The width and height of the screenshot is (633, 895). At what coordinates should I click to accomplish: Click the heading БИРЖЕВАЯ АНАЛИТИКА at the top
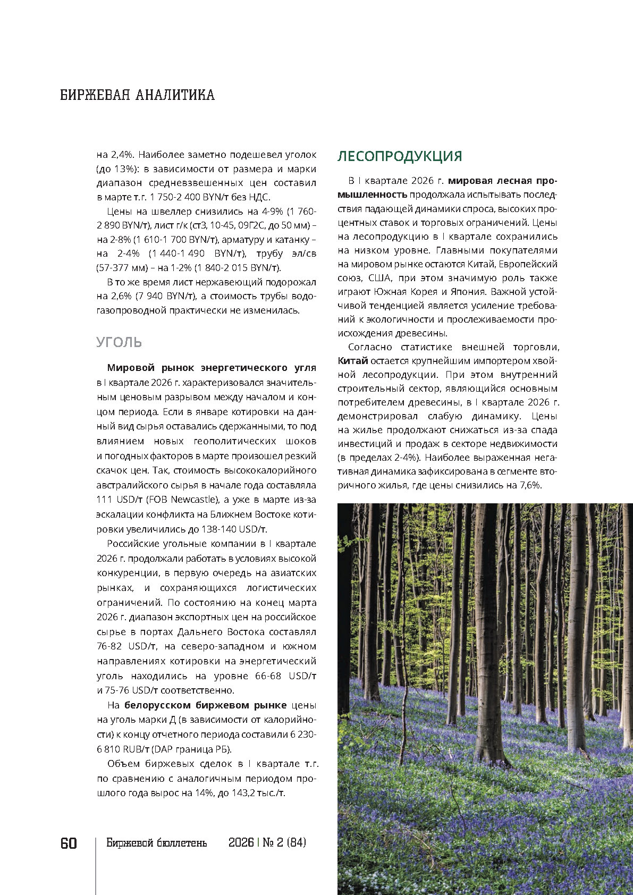(137, 95)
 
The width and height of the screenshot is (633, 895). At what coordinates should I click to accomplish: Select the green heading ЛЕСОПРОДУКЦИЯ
(400, 156)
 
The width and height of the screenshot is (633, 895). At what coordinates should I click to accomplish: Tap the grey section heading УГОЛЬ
(119, 342)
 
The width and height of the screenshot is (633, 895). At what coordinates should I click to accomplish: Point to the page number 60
(69, 843)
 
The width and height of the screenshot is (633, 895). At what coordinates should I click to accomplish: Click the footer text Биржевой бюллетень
(156, 843)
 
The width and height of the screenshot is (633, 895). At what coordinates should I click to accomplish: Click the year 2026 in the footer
(241, 843)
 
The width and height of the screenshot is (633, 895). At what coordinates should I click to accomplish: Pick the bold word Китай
(353, 361)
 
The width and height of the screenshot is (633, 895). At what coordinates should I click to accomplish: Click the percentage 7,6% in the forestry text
(528, 485)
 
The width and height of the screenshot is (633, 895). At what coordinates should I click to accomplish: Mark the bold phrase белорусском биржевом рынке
(205, 705)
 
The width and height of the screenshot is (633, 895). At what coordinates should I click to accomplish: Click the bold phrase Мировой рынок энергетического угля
(212, 368)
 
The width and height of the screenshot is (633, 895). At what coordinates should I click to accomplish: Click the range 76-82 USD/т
(126, 647)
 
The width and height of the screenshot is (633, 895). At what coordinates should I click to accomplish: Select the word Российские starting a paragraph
(132, 544)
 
